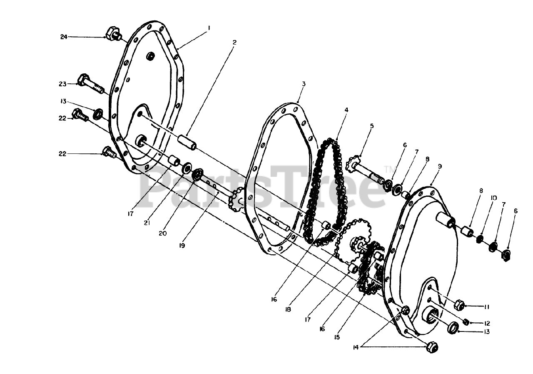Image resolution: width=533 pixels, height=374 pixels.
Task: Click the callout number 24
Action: point(63,37)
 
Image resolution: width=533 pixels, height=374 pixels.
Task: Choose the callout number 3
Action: point(304,84)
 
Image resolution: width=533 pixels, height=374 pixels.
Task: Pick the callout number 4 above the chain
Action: point(346,110)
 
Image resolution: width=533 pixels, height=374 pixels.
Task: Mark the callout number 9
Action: point(440,166)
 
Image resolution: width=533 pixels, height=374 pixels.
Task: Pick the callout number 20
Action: point(162,233)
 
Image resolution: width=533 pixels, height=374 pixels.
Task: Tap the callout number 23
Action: point(63,83)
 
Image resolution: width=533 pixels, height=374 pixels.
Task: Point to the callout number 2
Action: point(234,42)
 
